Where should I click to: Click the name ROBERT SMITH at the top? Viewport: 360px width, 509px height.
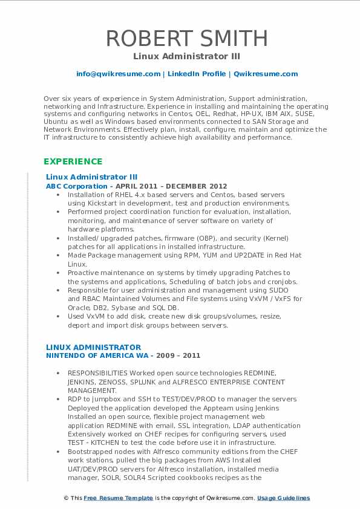(x=186, y=38)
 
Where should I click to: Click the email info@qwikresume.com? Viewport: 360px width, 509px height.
(x=118, y=74)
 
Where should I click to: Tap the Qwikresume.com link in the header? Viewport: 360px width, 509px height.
(x=266, y=74)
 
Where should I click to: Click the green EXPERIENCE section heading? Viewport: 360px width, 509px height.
(x=73, y=161)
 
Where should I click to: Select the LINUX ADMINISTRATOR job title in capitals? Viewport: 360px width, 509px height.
(x=93, y=347)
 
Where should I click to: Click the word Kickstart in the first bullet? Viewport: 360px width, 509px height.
(x=98, y=204)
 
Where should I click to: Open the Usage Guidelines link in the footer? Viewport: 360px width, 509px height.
(x=283, y=498)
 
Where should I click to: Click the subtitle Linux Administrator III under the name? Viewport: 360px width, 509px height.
(x=186, y=57)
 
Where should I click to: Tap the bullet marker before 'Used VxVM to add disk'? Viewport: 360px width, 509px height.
(x=57, y=316)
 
